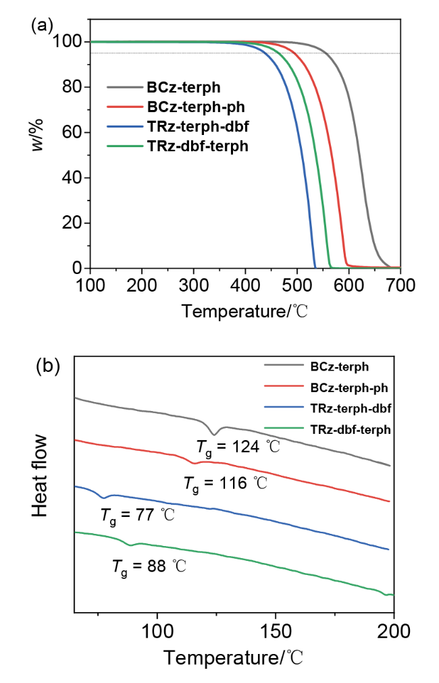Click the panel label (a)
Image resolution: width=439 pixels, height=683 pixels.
(x=42, y=26)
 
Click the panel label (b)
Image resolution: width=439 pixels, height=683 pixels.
(x=47, y=366)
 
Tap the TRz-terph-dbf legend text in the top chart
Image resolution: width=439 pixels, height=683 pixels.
(x=198, y=126)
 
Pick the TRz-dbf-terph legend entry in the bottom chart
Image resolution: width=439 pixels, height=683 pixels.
(x=351, y=429)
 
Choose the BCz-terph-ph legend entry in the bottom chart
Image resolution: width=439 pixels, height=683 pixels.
(x=348, y=387)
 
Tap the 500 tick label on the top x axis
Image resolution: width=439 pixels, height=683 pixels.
(x=297, y=285)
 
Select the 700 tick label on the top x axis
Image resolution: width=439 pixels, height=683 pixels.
(x=401, y=285)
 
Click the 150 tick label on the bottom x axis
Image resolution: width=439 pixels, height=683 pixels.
(x=276, y=631)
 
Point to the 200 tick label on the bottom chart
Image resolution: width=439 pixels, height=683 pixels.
(x=394, y=631)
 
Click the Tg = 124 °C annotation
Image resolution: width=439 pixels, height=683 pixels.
(x=238, y=447)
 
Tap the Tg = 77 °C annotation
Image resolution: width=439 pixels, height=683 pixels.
(x=138, y=516)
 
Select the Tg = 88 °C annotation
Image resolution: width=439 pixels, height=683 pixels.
(x=149, y=567)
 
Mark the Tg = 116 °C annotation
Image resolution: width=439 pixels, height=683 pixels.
(x=226, y=484)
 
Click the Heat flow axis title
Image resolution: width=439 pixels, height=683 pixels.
(x=40, y=476)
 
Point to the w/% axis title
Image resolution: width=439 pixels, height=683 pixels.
(x=38, y=134)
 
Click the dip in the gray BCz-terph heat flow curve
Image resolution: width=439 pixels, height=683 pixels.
(x=213, y=434)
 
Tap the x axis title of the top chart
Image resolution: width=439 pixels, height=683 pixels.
(x=244, y=311)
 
